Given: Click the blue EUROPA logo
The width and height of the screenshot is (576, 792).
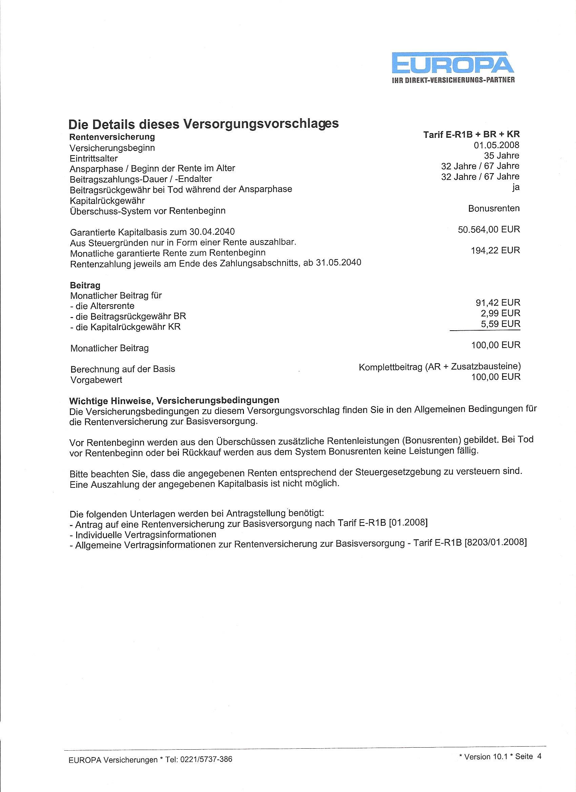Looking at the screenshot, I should pos(453,64).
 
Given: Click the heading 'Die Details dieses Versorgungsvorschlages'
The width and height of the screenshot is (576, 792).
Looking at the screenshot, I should pos(203,124).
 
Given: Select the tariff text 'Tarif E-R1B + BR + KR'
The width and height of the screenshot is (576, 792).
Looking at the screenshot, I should pos(472,135).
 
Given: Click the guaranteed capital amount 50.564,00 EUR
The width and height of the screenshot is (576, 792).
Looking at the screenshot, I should pos(489,229).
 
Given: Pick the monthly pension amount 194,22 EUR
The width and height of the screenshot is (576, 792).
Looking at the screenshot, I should pos(496,250).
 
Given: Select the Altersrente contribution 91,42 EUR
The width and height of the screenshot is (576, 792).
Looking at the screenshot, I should pos(496,303).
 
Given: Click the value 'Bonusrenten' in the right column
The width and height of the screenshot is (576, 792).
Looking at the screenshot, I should pos(494,208).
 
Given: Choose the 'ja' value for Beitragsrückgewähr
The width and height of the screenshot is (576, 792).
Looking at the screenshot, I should pos(516,187).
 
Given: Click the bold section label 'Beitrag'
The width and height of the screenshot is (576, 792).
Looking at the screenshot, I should pos(85,285).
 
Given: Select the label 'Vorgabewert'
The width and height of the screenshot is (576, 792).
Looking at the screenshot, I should pos(96,380).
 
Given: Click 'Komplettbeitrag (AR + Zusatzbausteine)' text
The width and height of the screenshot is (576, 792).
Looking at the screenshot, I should pos(439,367).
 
